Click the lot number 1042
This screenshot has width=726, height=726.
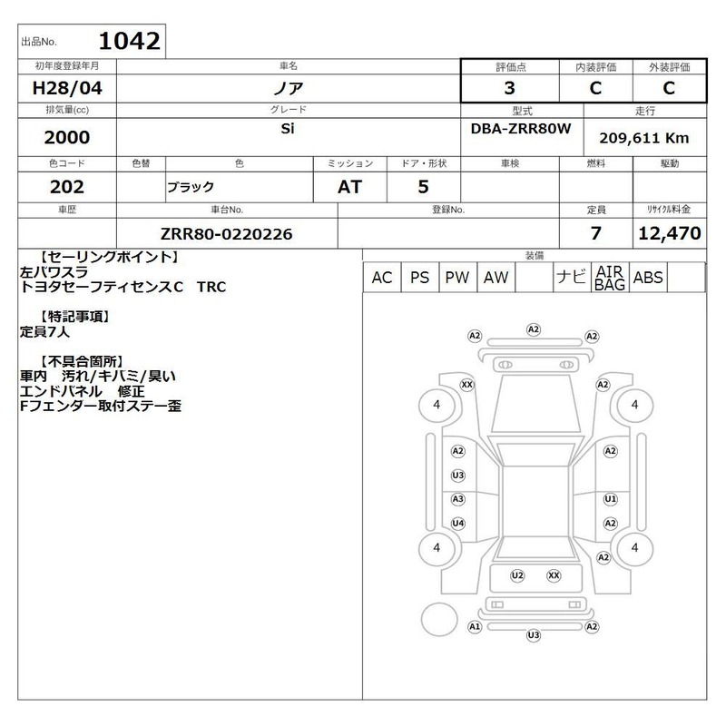coord(129,41)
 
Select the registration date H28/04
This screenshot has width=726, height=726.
coord(67,88)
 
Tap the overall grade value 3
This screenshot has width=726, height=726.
coord(509,88)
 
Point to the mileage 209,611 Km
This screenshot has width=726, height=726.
coord(644,138)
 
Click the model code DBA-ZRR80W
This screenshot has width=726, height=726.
coord(521,128)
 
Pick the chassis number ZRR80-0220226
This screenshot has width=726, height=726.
coord(226,234)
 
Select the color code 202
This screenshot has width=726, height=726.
coord(67,187)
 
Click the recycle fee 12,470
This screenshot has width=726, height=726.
coord(670,233)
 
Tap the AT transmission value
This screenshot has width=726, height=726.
coord(349,187)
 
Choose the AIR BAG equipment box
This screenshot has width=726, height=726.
coord(609,278)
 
